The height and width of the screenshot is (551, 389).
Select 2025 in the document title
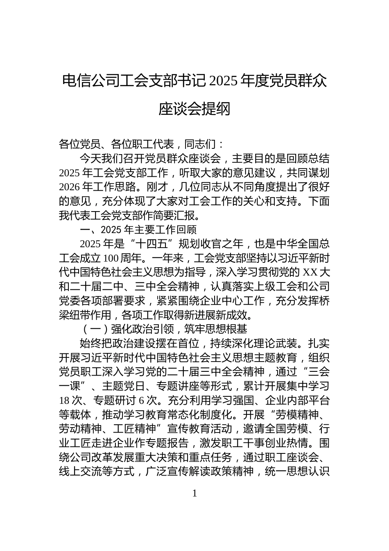(223, 81)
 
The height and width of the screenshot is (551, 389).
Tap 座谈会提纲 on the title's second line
(194, 109)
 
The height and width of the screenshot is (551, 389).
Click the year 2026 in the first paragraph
(69, 187)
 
